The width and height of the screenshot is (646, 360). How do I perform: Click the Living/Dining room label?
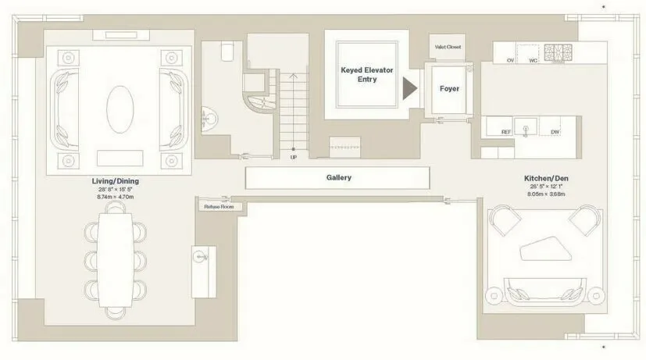115,181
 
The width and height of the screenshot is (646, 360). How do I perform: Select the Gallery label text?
338,177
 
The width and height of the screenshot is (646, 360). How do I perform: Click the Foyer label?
449,89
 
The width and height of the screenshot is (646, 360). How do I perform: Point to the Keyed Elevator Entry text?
367,74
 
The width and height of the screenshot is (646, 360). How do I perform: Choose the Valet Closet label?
448,48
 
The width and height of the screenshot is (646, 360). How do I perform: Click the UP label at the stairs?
293,157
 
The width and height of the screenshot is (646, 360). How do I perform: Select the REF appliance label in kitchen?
506,133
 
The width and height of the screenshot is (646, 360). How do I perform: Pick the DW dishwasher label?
554,133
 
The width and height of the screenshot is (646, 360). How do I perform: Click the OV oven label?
510,60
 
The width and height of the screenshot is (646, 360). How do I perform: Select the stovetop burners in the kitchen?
559,53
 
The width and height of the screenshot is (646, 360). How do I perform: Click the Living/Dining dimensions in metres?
115,198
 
